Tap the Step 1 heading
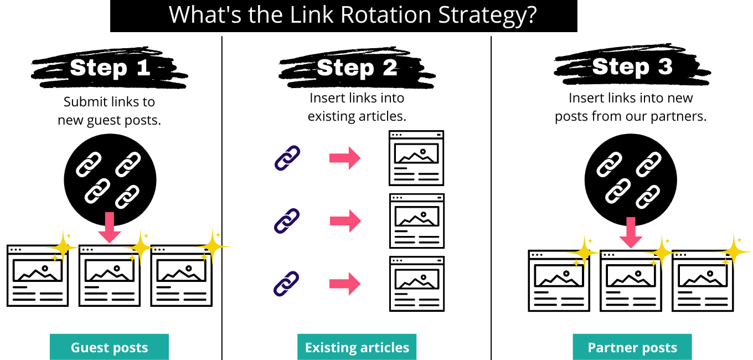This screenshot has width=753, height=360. click(110, 68)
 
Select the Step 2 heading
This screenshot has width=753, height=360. click(357, 68)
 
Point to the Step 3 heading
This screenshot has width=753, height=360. click(632, 66)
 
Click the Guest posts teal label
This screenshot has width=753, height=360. click(109, 347)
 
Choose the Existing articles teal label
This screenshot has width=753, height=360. click(357, 347)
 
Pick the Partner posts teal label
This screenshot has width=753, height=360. click(632, 347)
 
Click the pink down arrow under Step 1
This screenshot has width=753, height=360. click(110, 227)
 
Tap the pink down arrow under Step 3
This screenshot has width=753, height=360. click(631, 233)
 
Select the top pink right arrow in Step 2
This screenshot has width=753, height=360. click(345, 158)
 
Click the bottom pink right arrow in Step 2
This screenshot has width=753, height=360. click(345, 284)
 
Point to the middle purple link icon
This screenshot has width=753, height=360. click(287, 221)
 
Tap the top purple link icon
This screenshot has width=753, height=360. click(287, 158)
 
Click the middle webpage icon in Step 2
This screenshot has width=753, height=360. click(417, 221)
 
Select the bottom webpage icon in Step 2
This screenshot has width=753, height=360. click(417, 284)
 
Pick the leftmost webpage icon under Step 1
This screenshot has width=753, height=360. click(38, 276)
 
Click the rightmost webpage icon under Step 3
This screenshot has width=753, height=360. click(703, 281)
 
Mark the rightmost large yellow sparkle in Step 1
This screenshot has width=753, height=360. click(213, 246)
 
